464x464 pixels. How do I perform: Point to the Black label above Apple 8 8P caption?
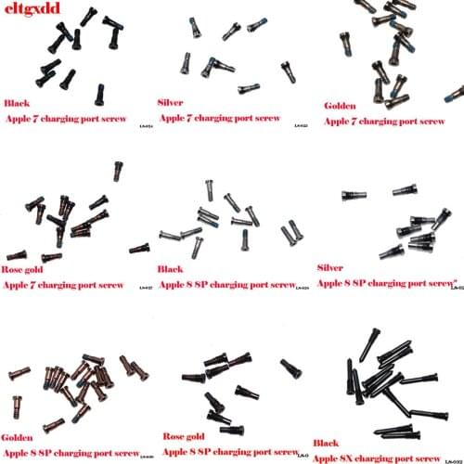point(170,269)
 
